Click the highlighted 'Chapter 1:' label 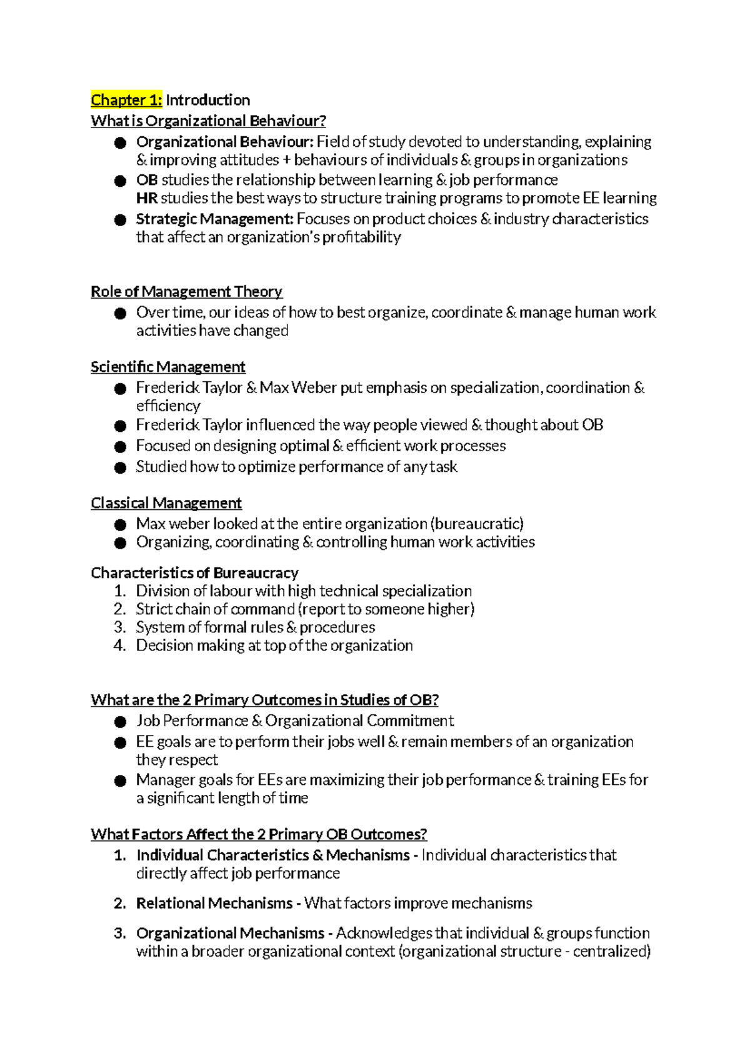[126, 100]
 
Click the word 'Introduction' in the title [207, 100]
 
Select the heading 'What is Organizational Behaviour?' [208, 121]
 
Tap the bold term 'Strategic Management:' [214, 219]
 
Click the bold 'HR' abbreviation [146, 198]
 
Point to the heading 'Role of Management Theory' [186, 291]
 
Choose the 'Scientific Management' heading [167, 367]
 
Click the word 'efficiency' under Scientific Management [168, 406]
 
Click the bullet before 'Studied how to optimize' [121, 467]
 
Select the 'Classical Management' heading [166, 503]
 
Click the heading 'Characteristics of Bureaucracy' [194, 573]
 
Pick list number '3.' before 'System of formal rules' [120, 627]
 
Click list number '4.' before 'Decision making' [120, 645]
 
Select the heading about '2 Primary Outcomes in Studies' [264, 700]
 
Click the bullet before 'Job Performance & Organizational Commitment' [121, 722]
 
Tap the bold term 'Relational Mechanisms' [214, 904]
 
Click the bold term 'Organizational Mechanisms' [230, 934]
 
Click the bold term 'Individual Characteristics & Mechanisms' [272, 855]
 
